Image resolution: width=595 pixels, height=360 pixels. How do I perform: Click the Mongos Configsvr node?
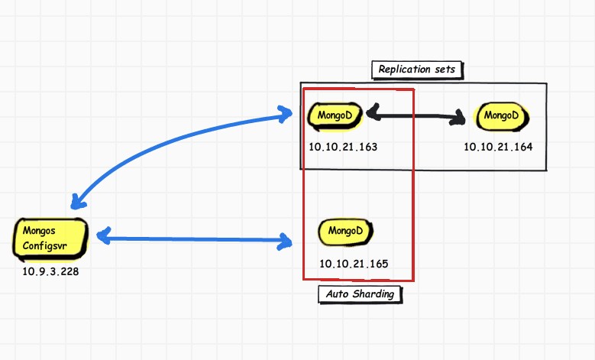52,238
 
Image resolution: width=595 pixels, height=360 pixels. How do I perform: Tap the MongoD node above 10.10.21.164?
502,116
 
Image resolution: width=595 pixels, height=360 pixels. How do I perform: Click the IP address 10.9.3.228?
51,271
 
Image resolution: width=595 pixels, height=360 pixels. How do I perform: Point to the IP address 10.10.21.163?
343,145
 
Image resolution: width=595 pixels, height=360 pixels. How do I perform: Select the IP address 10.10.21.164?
498,145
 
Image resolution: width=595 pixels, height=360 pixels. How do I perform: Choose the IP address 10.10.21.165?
354,264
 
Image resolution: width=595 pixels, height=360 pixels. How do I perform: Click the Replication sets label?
417,70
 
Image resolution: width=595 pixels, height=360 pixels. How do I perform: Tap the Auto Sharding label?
360,294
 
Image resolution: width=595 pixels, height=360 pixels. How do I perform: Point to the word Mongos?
40,229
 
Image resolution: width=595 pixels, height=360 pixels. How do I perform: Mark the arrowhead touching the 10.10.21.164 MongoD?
460,118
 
